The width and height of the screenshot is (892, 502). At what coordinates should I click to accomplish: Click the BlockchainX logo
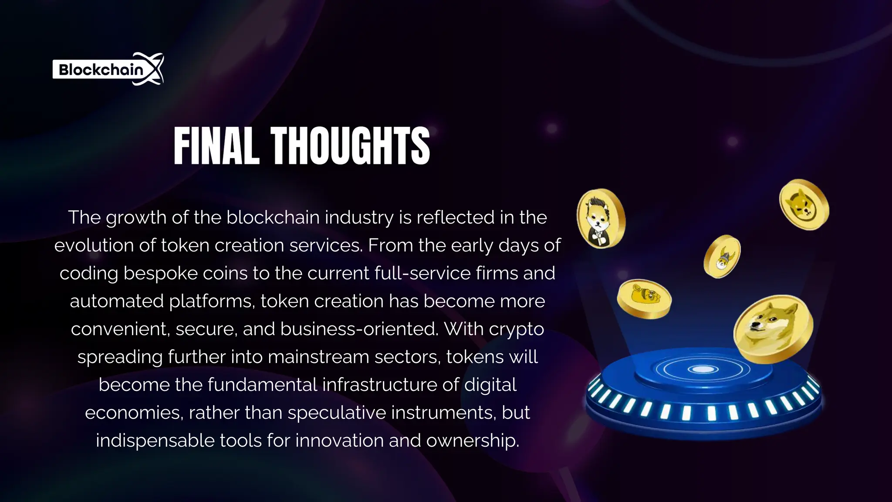tap(108, 69)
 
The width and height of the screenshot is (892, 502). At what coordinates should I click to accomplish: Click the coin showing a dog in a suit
tap(601, 218)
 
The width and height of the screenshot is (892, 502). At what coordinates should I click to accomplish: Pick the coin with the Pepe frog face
tap(644, 298)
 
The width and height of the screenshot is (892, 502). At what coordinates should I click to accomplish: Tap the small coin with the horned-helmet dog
tap(722, 257)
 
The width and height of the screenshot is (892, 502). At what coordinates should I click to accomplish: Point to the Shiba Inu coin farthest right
tap(804, 204)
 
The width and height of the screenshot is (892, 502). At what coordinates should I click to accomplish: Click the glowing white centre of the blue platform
tap(703, 370)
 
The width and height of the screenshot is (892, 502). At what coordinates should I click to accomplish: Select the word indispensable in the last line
tap(155, 441)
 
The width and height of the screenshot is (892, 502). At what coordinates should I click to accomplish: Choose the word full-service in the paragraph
tap(422, 273)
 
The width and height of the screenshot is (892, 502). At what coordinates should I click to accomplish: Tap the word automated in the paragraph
tap(117, 301)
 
